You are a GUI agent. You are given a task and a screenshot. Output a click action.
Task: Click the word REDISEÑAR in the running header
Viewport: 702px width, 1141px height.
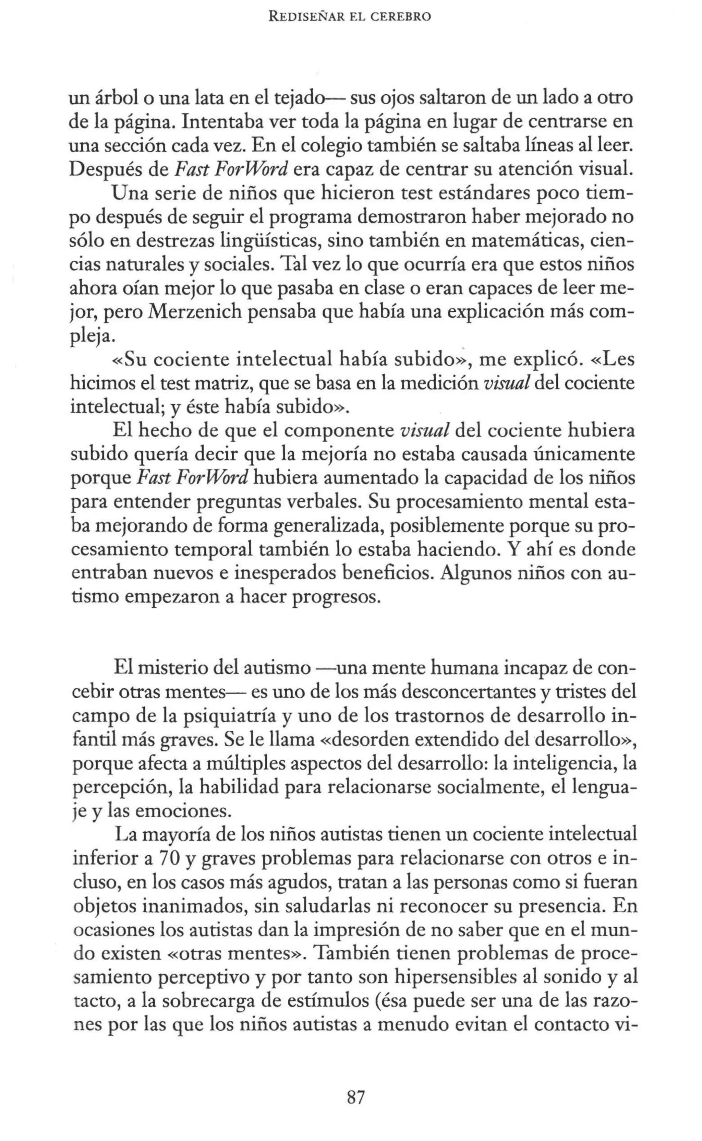click(312, 17)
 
